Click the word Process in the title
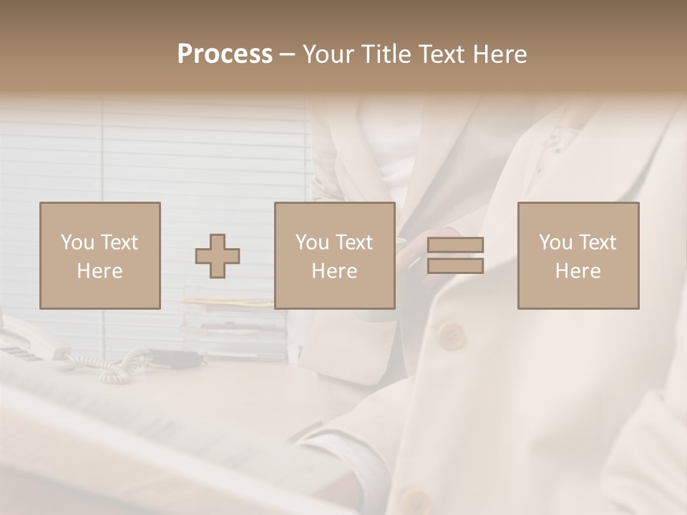coord(225,54)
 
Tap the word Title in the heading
coord(385,54)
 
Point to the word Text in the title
coord(446,54)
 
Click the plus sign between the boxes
coord(218,256)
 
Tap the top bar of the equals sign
coord(455,245)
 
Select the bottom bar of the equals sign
coord(455,265)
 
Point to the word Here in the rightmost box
coord(578,270)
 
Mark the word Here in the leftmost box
coord(100,270)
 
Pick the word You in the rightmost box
coord(555,242)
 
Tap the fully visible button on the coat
coord(450,334)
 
